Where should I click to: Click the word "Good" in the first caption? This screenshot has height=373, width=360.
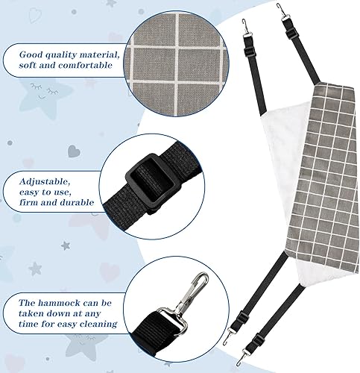point(34,53)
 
